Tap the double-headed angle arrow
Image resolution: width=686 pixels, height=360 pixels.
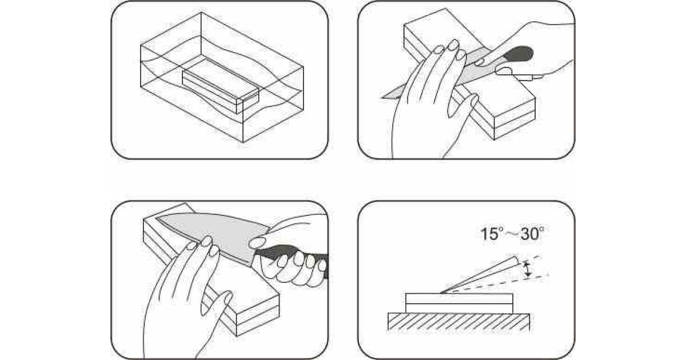(527, 270)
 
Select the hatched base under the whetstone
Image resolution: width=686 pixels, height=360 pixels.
(458, 322)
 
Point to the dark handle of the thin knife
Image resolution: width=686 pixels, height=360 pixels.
(518, 54)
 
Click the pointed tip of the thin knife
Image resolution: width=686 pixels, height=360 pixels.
(382, 98)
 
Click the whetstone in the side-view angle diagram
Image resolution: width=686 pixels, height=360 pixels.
(459, 303)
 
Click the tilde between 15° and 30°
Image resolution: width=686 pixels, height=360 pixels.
(513, 235)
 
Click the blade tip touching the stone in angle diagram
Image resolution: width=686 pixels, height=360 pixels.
(441, 293)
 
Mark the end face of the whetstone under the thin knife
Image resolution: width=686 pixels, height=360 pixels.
(515, 119)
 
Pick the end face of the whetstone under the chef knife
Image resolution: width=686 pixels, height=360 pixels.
(258, 315)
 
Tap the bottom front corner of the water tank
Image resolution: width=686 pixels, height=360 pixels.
(243, 142)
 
